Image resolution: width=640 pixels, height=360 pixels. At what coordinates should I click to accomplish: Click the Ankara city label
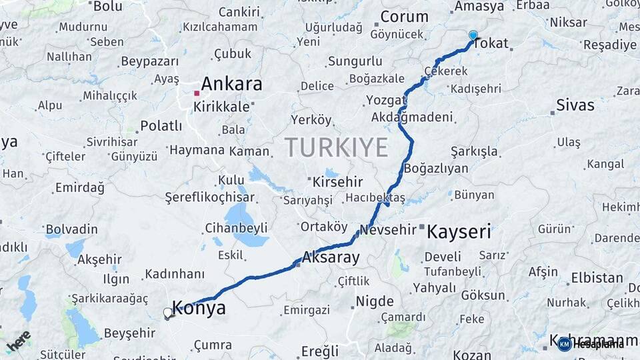coord(231,85)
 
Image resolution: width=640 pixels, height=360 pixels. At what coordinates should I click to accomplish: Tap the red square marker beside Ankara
coord(196,93)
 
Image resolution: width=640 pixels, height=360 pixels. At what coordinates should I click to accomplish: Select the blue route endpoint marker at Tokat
coord(473,35)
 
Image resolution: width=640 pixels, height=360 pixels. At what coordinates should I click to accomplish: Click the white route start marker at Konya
coord(168,312)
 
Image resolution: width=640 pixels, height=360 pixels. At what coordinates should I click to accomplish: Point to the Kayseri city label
coord(459,232)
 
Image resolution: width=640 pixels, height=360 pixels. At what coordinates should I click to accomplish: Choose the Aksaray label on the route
coord(331,257)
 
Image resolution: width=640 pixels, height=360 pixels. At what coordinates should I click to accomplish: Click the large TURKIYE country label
coord(336,147)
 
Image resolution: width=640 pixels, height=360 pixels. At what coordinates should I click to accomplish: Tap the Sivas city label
coord(575,104)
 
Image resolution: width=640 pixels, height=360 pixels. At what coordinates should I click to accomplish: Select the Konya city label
coord(199,308)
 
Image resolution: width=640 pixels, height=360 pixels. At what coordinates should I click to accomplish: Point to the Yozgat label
coord(386,100)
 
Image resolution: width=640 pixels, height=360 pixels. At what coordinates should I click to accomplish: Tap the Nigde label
coord(375,301)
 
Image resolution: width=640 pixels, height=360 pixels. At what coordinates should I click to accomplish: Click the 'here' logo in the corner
coord(19,341)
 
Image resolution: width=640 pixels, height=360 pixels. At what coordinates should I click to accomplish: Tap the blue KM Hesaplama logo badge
coord(565,344)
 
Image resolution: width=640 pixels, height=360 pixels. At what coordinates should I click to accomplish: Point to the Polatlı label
coord(161,126)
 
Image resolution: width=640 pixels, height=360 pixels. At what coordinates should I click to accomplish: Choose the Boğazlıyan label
coord(436,169)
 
